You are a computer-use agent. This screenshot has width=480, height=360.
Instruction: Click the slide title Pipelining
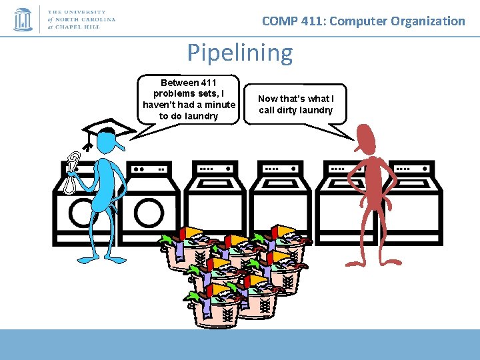pos(239,53)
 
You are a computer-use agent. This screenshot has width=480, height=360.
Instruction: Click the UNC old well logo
pos(23,19)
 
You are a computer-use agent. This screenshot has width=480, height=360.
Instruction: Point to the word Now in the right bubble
pos(268,99)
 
